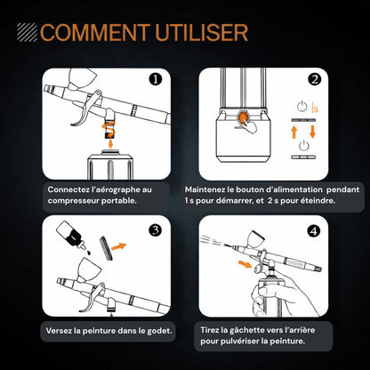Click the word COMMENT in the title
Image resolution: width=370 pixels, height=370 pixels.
coord(95,32)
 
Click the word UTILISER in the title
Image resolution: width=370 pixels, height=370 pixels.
coord(202,32)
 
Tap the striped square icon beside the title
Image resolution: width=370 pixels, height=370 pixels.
coord(28,32)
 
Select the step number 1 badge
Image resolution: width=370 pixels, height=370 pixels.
coord(156,80)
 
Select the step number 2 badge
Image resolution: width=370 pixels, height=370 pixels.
coord(314,79)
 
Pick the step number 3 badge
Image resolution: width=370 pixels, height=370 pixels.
coord(156,230)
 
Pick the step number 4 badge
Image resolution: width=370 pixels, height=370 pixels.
coord(314,230)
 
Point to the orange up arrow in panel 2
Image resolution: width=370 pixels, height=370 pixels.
coord(294,132)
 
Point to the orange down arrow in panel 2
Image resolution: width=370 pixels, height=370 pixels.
coord(312,132)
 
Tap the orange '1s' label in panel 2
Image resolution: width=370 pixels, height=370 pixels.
coord(315,108)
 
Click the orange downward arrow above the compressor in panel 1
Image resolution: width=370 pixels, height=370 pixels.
coord(110,144)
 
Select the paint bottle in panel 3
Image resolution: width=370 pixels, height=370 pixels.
coord(71,237)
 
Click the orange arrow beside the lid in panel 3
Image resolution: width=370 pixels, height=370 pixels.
coord(118,246)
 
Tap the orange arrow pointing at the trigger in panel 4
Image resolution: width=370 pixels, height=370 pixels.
coord(245,264)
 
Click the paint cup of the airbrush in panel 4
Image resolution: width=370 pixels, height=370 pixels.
coord(257,240)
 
